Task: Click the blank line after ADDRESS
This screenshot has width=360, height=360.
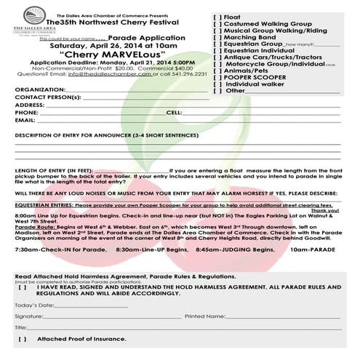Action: [124, 105]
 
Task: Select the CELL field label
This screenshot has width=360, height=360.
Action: [175, 113]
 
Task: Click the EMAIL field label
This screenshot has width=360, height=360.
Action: [25, 121]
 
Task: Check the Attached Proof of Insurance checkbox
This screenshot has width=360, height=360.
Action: [23, 339]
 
